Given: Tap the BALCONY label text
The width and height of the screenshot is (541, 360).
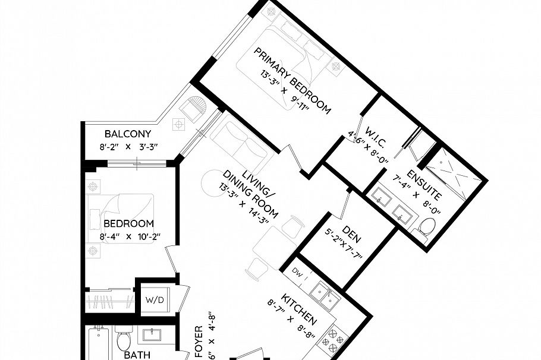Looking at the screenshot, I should tap(128, 134).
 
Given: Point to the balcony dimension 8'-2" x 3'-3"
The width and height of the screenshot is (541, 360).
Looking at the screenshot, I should tap(128, 146).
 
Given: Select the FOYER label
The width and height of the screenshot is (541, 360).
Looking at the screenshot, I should tap(199, 342).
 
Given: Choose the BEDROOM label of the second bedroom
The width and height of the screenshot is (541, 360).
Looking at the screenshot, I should tap(128, 224).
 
